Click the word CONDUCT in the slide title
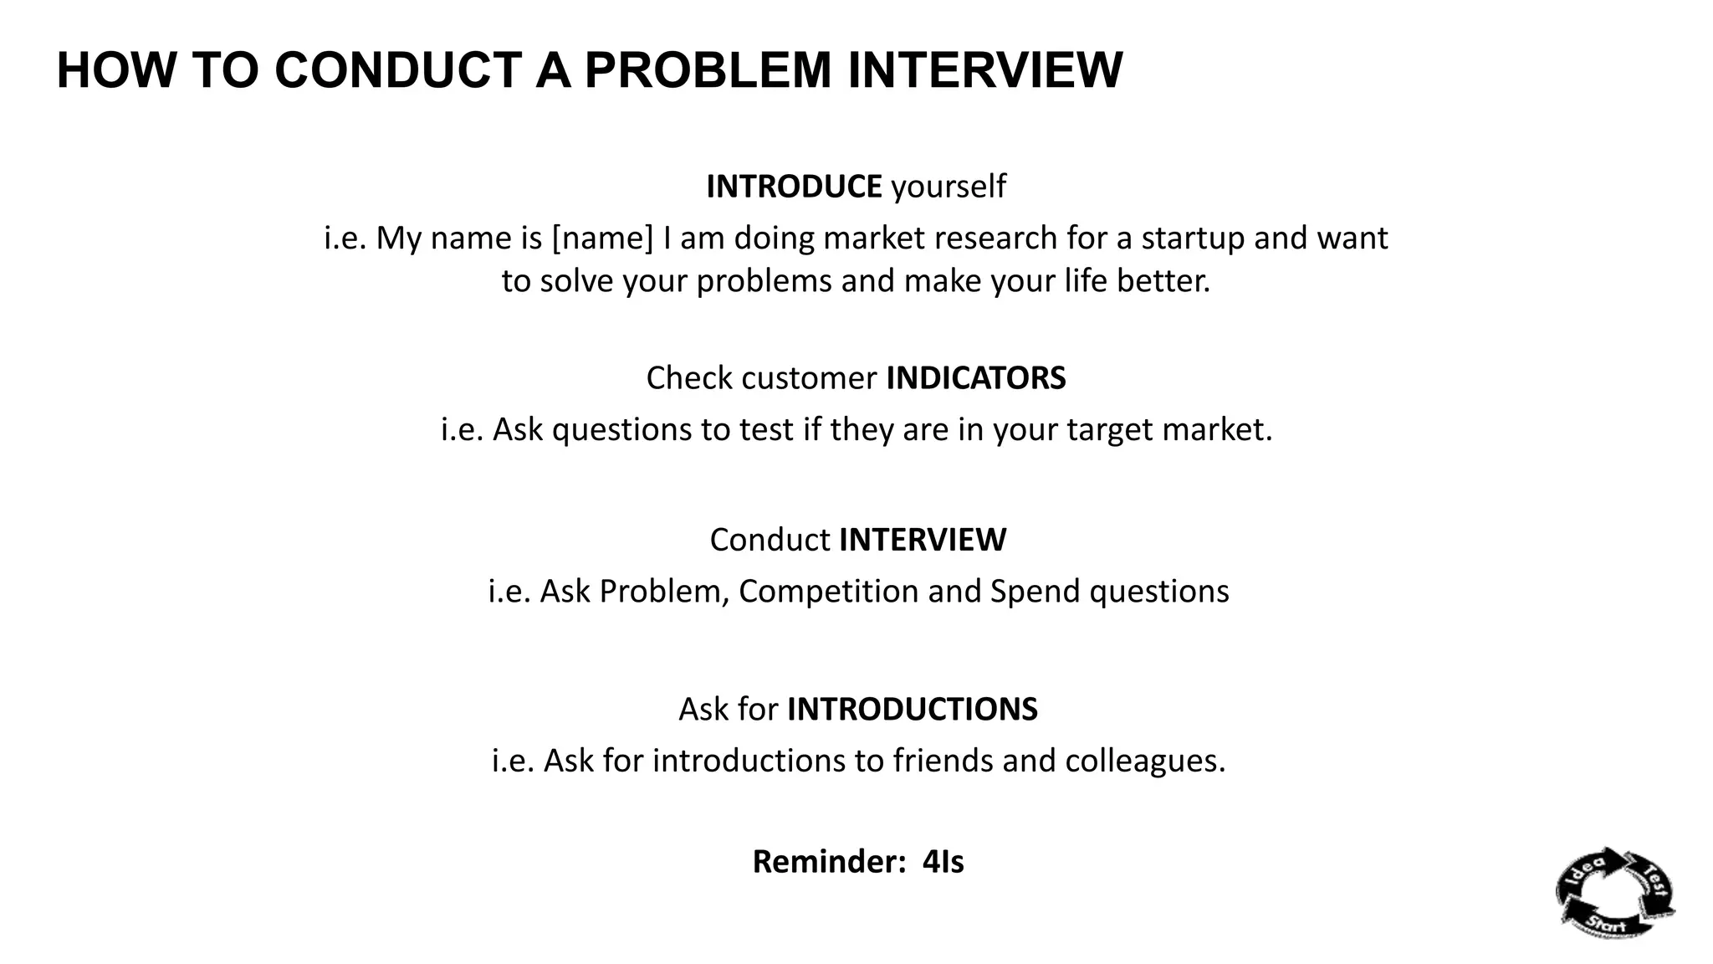[397, 70]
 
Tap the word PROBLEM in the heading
[708, 70]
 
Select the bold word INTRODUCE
[793, 187]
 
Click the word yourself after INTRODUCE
[949, 187]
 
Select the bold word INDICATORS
[975, 378]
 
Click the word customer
[809, 378]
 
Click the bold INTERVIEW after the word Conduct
[923, 541]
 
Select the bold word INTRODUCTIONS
[912, 710]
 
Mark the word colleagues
[1144, 761]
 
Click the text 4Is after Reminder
[943, 862]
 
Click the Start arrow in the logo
[1605, 923]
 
